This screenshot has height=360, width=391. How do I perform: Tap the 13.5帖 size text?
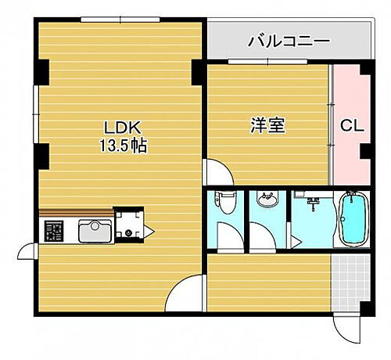pyautogui.click(x=121, y=146)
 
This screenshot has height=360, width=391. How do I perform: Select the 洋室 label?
pyautogui.click(x=267, y=126)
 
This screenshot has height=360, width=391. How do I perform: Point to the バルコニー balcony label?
pyautogui.click(x=289, y=40)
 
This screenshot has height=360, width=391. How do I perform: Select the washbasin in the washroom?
pyautogui.click(x=267, y=200)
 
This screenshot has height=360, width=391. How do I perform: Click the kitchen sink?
pyautogui.click(x=93, y=230)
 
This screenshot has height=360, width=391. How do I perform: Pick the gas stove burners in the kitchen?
pyautogui.click(x=53, y=230)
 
